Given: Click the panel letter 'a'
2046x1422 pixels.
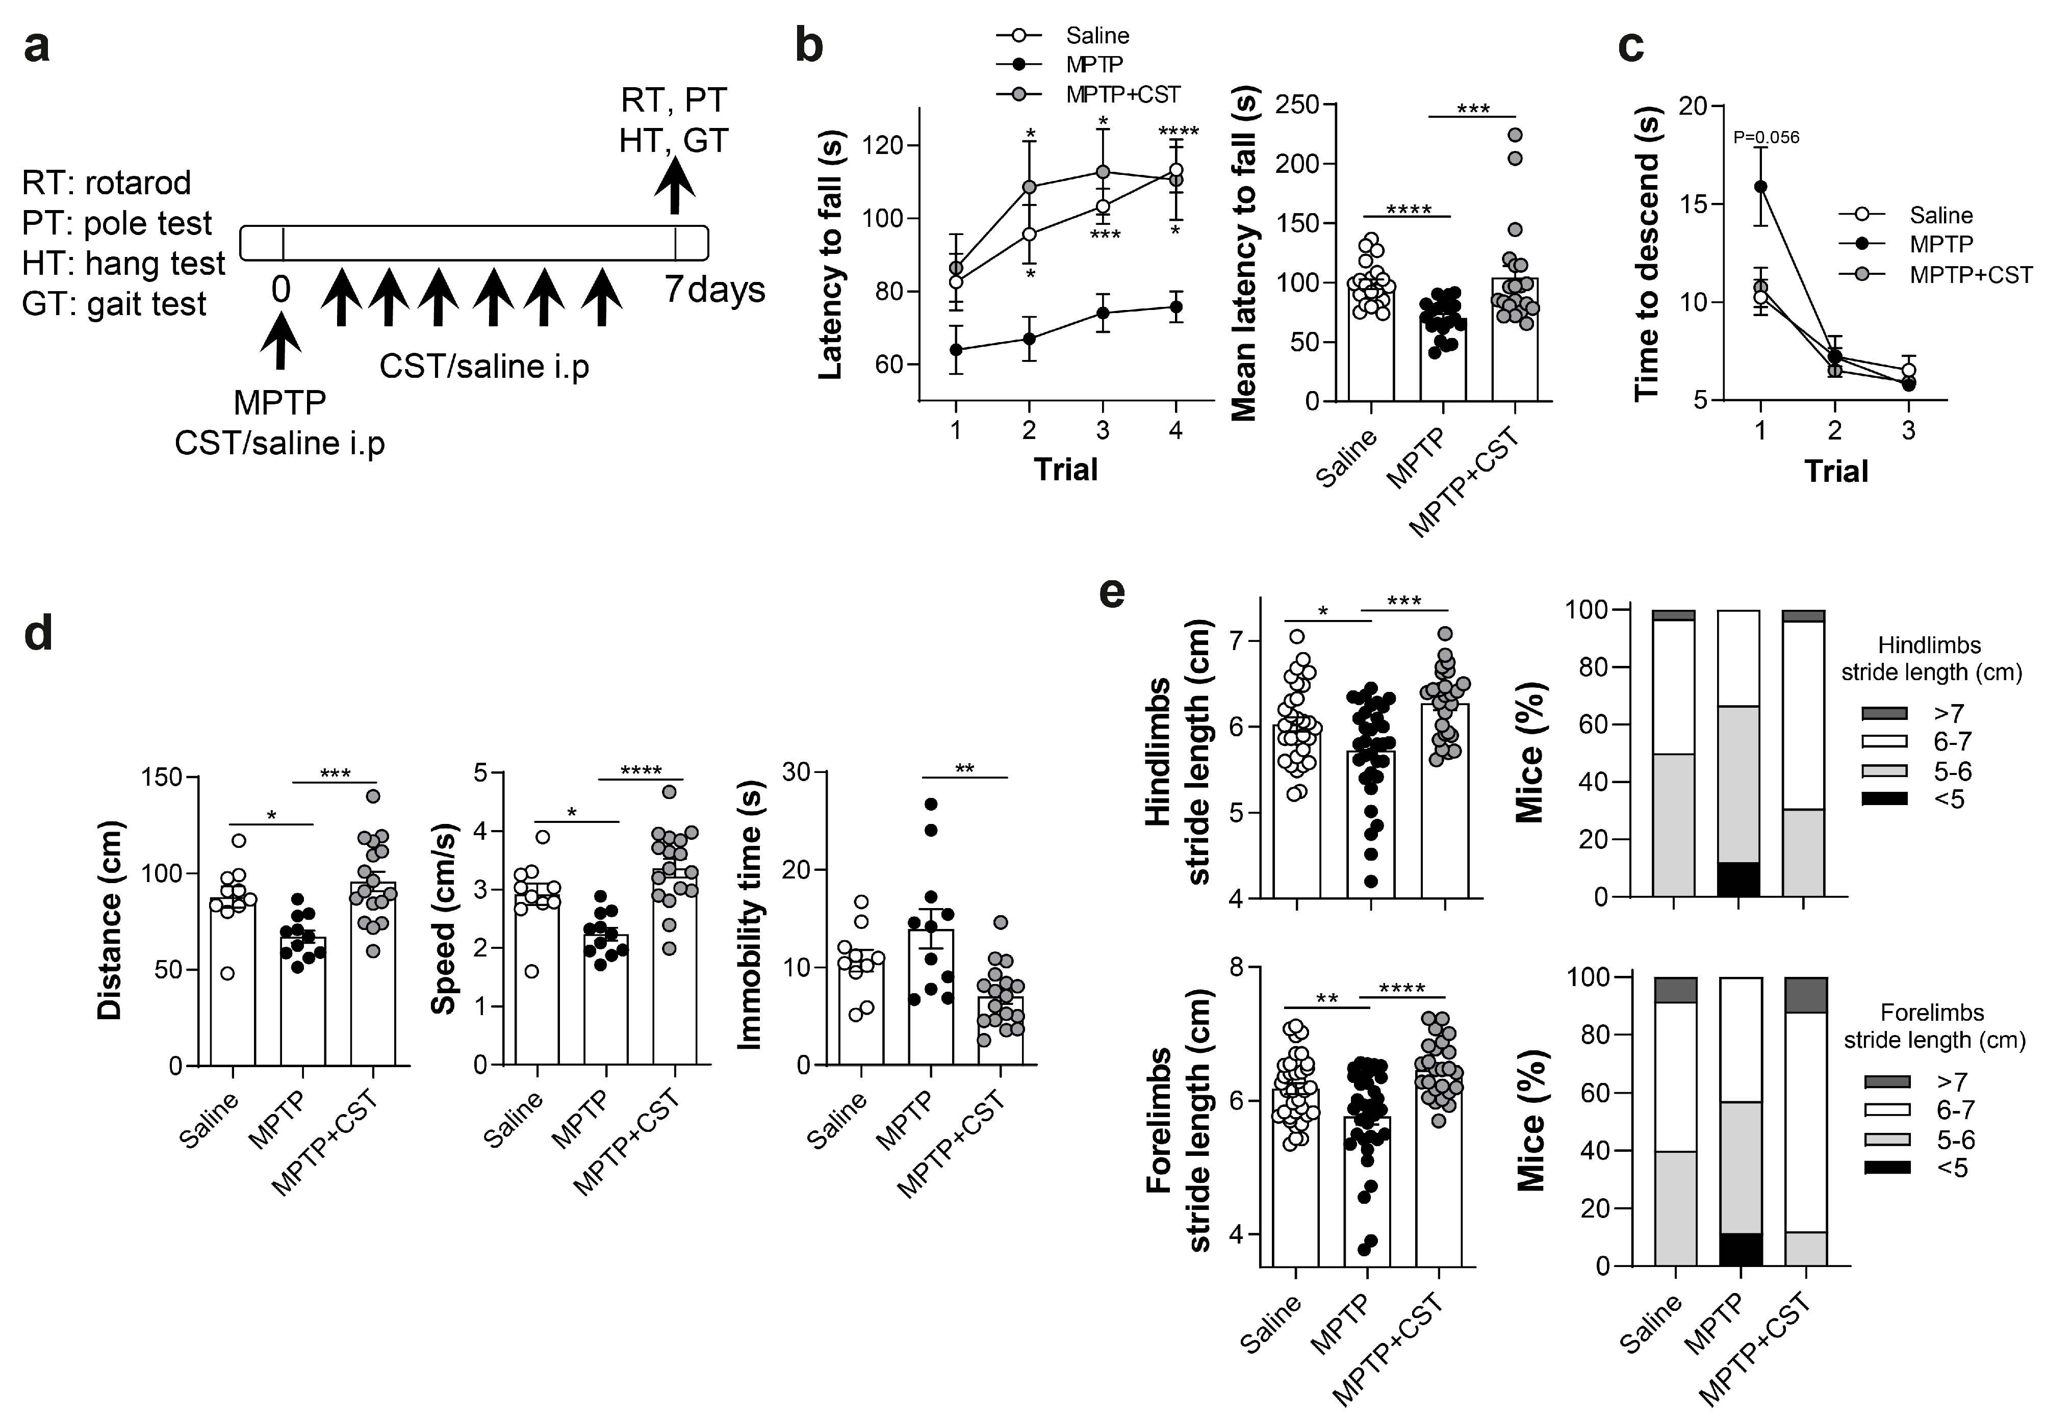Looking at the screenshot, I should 37,46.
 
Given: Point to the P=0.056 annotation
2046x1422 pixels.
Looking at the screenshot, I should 1766,137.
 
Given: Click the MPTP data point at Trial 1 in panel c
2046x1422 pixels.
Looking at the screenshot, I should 1761,186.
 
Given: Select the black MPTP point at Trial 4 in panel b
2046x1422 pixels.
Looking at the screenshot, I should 1177,306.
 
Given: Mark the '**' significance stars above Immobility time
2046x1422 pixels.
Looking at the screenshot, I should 964,768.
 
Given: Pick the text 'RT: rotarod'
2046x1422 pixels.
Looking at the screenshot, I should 107,183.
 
